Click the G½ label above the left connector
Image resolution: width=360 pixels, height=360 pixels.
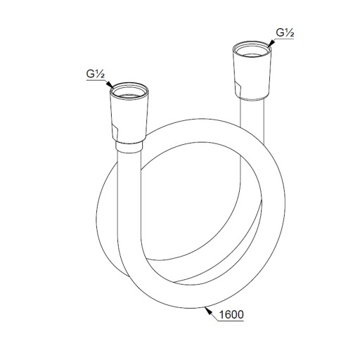tap(95, 75)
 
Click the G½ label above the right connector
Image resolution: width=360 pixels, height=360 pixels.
tap(285, 33)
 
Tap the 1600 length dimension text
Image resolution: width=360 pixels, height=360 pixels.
tap(231, 314)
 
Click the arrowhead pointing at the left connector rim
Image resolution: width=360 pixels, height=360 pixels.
tap(110, 84)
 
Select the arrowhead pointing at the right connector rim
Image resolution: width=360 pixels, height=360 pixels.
tap(271, 44)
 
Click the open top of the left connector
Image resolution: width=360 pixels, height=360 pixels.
tap(129, 90)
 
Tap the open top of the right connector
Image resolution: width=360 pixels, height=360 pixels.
tap(252, 49)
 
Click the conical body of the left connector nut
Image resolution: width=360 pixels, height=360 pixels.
tap(129, 117)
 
